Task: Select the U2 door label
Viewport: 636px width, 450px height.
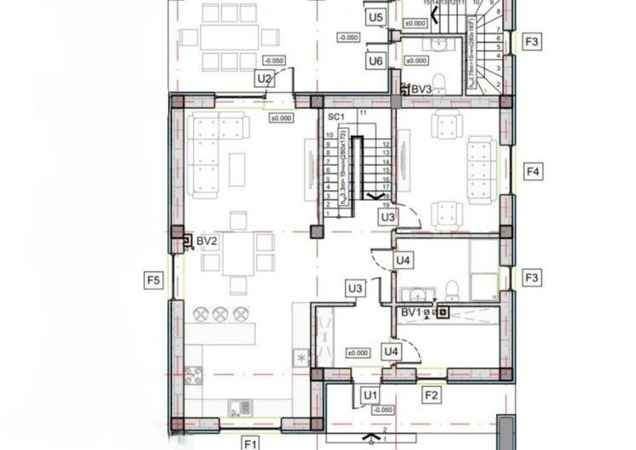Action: pyautogui.click(x=265, y=79)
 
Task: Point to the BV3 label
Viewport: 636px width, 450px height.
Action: pyautogui.click(x=421, y=88)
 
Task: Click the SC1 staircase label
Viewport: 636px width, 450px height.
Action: pyautogui.click(x=336, y=116)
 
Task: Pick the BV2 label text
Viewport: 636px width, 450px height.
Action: pyautogui.click(x=207, y=242)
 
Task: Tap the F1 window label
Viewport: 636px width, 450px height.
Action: pyautogui.click(x=250, y=443)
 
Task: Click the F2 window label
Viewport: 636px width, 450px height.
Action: pyautogui.click(x=431, y=394)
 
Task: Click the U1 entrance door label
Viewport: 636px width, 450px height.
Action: pyautogui.click(x=370, y=394)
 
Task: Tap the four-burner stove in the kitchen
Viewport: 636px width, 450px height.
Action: pyautogui.click(x=194, y=373)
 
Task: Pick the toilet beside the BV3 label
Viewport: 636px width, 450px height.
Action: pyautogui.click(x=438, y=81)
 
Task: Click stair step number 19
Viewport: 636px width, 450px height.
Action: pyautogui.click(x=386, y=205)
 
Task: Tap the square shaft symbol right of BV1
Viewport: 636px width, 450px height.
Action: pyautogui.click(x=443, y=312)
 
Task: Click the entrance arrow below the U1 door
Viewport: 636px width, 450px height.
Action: pyautogui.click(x=371, y=440)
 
